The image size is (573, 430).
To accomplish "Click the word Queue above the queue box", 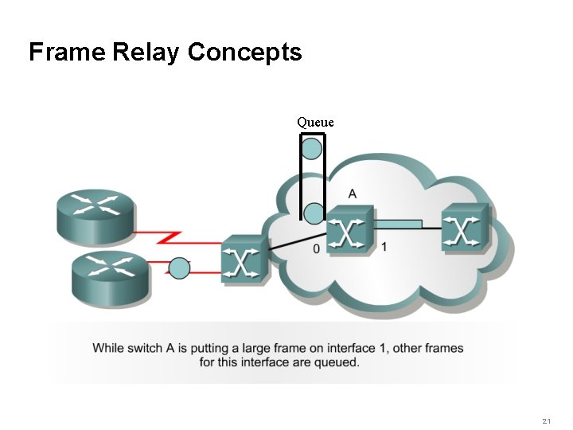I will (x=315, y=122).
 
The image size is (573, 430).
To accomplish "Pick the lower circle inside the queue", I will (x=314, y=213).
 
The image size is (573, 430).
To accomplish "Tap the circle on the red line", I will (x=181, y=268).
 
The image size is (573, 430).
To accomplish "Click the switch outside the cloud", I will (x=244, y=259).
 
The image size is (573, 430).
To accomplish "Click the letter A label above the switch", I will (x=353, y=193).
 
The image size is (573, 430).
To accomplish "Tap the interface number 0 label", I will (x=317, y=249).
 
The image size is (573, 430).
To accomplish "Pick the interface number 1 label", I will (x=384, y=247).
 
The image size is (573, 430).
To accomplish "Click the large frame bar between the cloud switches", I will (x=398, y=223).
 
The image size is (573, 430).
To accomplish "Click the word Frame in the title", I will (x=67, y=53).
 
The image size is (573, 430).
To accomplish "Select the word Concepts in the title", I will (x=245, y=53).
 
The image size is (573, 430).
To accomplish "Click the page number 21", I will (x=546, y=420).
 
